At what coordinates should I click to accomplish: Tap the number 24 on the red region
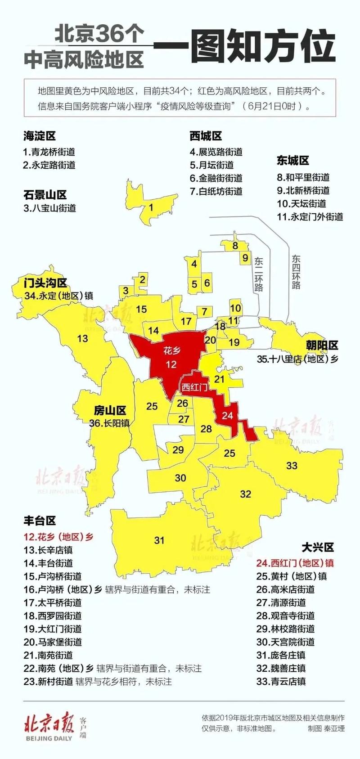[x=228, y=415]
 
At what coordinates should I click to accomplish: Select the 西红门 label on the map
[x=194, y=386]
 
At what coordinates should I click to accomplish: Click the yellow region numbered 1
[x=151, y=207]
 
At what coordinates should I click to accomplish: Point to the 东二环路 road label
[x=259, y=274]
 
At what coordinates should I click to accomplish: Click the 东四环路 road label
[x=296, y=272]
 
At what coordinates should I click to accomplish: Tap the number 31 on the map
[x=159, y=540]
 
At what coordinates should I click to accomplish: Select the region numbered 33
[x=292, y=466]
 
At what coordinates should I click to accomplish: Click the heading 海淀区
[x=40, y=136]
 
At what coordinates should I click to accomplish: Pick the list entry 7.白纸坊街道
[x=216, y=191]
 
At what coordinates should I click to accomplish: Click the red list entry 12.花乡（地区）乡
[x=58, y=537]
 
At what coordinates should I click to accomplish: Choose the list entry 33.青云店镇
[x=281, y=681]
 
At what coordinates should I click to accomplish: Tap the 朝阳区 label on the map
[x=322, y=346]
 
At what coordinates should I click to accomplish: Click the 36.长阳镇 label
[x=109, y=423]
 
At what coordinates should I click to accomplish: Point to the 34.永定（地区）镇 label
[x=59, y=296]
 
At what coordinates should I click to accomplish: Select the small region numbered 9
[x=245, y=258]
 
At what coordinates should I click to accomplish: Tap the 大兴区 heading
[x=318, y=547]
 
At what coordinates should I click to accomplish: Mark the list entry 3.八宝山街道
[x=49, y=208]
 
